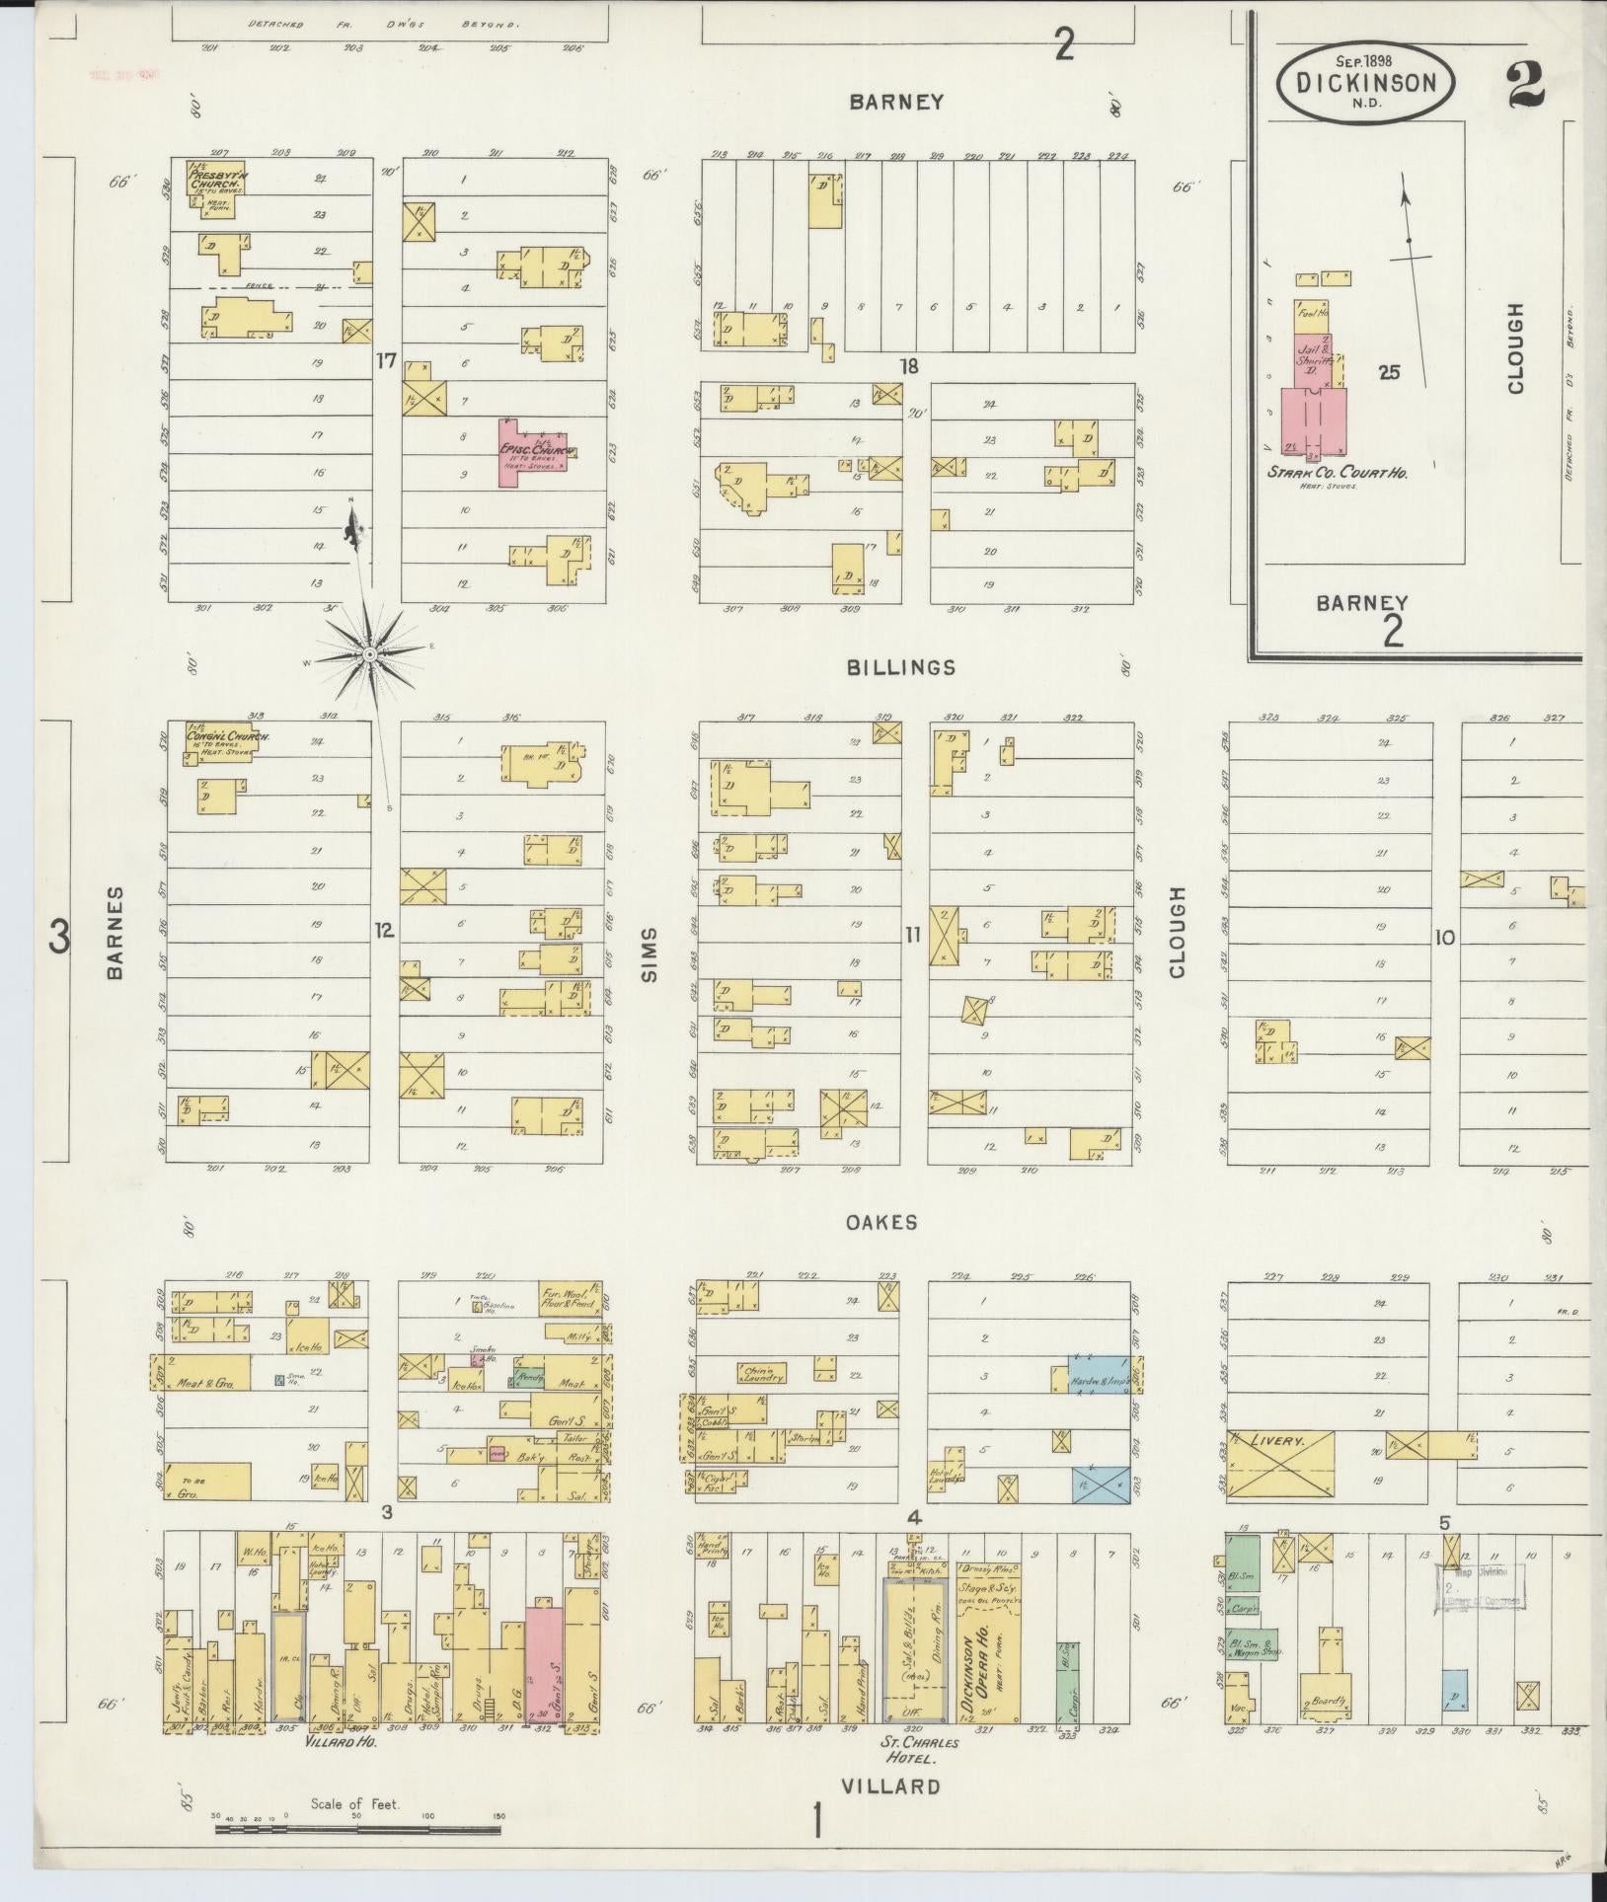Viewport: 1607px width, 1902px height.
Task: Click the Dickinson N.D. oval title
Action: pos(1365,84)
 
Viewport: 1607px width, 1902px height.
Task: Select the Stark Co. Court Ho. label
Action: pos(1338,473)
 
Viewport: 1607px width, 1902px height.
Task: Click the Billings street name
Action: pos(900,667)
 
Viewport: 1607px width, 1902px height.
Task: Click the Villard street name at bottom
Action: pos(890,1786)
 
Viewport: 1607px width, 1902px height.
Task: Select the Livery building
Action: pos(1280,1469)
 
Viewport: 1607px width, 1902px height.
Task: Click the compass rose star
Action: pos(369,653)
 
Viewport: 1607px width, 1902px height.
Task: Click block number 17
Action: pos(385,361)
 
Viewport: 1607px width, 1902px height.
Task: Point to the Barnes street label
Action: pos(115,932)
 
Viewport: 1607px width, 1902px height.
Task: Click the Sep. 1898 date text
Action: pos(1365,60)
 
